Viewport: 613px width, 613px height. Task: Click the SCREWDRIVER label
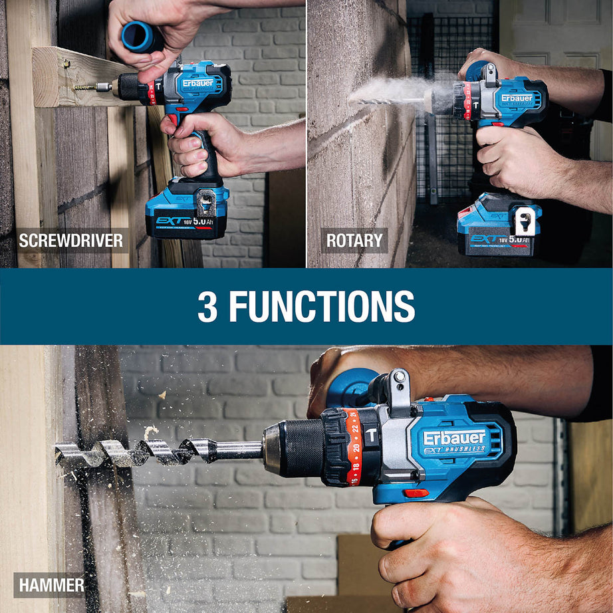[x=71, y=241]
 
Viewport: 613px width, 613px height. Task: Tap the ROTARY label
[x=354, y=241]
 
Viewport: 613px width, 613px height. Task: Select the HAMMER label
[x=51, y=585]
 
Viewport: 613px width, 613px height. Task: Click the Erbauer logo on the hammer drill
[x=455, y=438]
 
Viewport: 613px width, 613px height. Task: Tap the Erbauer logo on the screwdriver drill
[x=198, y=83]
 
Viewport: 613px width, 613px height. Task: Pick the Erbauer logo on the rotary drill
[x=517, y=98]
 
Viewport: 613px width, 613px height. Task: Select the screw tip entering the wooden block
[x=86, y=86]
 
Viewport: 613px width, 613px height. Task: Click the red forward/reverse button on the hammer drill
[x=416, y=493]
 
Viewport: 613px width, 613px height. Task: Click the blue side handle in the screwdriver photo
[x=142, y=36]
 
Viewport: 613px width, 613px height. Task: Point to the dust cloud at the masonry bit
[x=399, y=90]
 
